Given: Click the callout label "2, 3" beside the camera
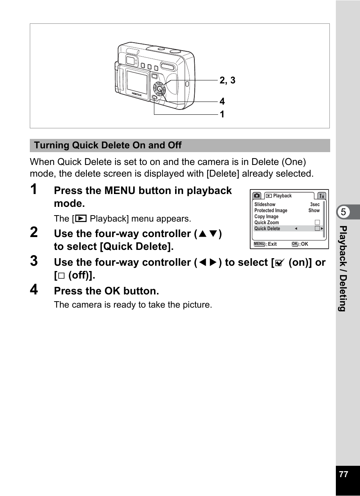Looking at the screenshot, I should tap(227, 80).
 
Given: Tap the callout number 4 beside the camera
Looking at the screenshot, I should tap(222, 102).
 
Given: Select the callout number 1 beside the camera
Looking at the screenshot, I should tap(222, 114).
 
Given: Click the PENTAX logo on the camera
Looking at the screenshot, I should tap(137, 94).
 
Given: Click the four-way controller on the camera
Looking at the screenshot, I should tap(159, 89).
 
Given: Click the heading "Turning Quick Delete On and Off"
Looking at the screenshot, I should tap(108, 145).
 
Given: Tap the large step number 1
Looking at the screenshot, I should tap(34, 189).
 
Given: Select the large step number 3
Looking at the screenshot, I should tap(34, 261).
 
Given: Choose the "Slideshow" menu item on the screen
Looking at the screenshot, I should tap(265, 205).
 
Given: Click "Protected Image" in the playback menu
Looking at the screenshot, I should tap(271, 211).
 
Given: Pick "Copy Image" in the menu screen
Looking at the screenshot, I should tap(266, 217).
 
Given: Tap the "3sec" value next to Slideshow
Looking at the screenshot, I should tap(315, 205).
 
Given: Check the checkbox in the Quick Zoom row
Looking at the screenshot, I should tap(317, 223).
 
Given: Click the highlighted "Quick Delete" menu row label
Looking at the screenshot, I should tap(267, 229).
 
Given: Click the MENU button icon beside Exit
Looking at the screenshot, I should tap(259, 244).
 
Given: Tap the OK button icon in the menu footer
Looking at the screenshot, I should tap(295, 244).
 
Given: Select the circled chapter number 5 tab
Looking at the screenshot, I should tap(343, 212).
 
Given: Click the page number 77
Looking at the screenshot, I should tap(343, 474).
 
